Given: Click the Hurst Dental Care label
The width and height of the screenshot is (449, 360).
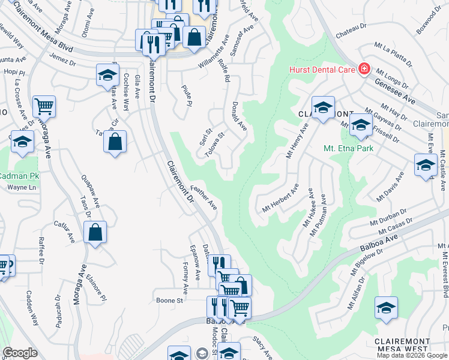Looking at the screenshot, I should [x=323, y=70].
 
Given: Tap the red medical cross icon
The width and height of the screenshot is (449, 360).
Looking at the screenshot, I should [x=364, y=70].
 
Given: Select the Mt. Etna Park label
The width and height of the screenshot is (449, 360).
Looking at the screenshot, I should [x=349, y=148].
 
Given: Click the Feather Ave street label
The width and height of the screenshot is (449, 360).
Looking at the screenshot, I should [x=204, y=196].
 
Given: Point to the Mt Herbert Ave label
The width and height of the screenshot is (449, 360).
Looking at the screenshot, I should [x=280, y=201].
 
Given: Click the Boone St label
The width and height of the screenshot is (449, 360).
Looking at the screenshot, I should [x=169, y=300].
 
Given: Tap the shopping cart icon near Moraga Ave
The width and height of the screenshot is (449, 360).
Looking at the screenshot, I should [x=44, y=107].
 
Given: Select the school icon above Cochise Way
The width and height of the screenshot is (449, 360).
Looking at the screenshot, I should [x=107, y=75].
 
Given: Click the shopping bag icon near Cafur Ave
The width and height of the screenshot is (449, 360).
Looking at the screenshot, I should [x=95, y=232].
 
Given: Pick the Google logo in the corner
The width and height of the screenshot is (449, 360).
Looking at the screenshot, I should [x=20, y=353].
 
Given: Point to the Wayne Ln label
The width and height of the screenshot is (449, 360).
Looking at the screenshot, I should [x=18, y=187].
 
